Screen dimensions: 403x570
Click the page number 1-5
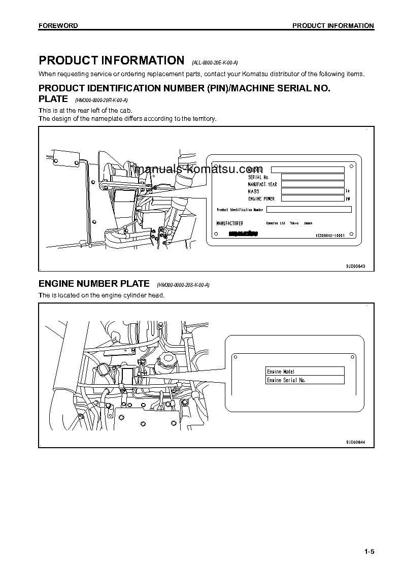368,552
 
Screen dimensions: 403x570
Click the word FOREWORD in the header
58,26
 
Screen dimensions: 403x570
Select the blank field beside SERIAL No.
312,177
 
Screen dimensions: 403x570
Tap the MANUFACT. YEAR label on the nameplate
262,184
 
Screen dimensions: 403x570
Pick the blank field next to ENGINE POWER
312,198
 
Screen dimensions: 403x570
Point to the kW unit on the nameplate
348,199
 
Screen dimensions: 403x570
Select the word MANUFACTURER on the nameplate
229,223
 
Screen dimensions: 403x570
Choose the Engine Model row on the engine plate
305,372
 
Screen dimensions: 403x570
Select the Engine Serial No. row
305,380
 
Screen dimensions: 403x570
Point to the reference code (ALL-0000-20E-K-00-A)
215,63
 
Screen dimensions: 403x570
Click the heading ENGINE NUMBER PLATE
94,284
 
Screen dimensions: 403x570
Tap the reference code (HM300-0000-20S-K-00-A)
183,286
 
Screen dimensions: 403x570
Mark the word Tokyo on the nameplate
294,223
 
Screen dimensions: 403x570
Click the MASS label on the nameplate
254,191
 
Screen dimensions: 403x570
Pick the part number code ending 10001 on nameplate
330,236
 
